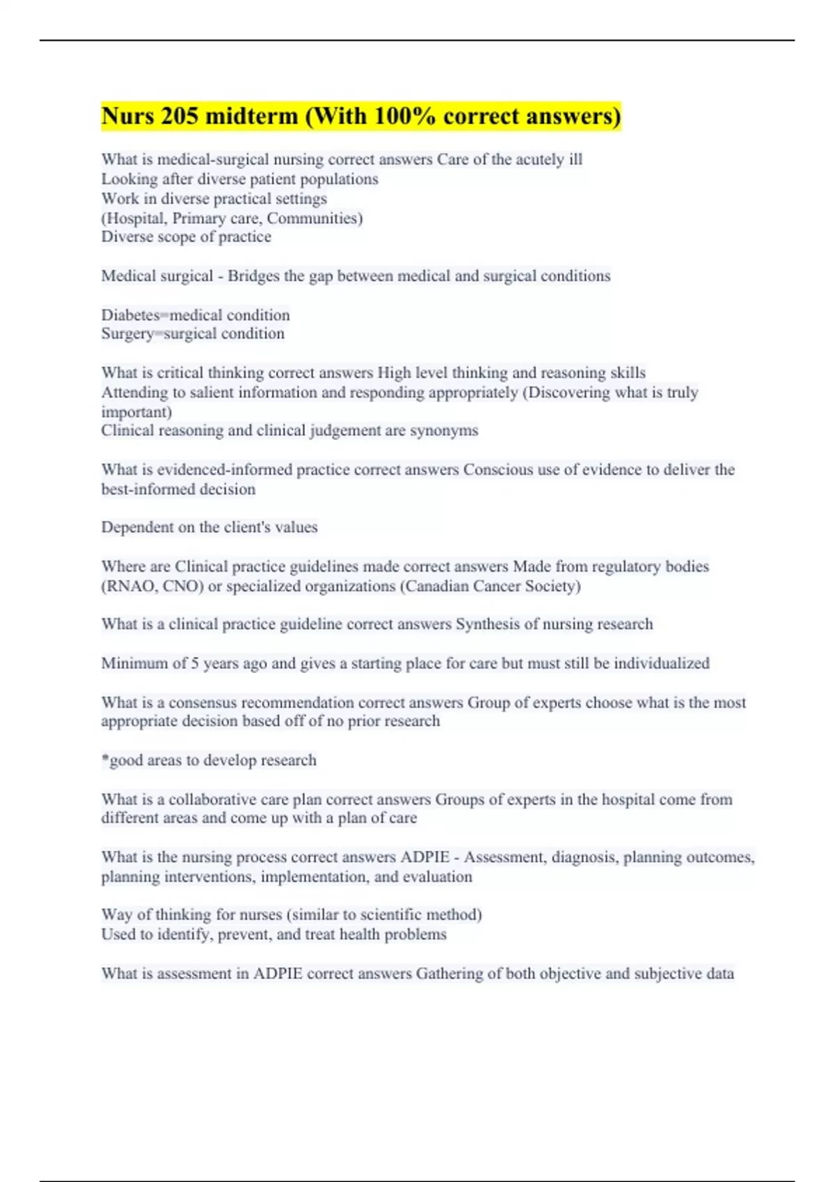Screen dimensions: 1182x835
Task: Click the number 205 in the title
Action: pos(180,116)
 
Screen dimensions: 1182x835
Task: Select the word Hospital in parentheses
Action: pos(136,218)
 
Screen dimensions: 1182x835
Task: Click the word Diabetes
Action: pos(130,315)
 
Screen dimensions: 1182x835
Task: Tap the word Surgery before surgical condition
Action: pos(127,334)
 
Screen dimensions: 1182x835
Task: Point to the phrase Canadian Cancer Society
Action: pos(490,586)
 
